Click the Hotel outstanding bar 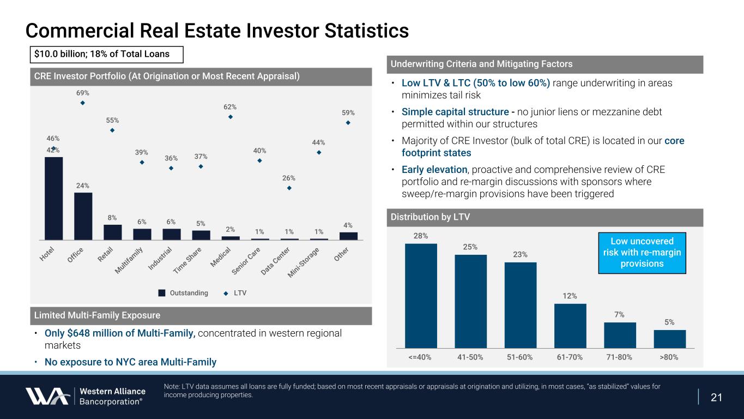pyautogui.click(x=53, y=198)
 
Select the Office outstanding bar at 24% pyautogui.click(x=83, y=216)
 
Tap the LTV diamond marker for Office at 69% pyautogui.click(x=83, y=103)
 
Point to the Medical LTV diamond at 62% pyautogui.click(x=231, y=117)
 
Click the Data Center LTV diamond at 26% pyautogui.click(x=289, y=188)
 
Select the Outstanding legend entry pyautogui.click(x=183, y=293)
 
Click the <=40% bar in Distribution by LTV pyautogui.click(x=421, y=295)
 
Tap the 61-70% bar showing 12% pyautogui.click(x=570, y=325)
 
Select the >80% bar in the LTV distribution pyautogui.click(x=670, y=338)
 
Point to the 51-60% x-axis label pyautogui.click(x=520, y=357)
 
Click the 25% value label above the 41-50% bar pyautogui.click(x=470, y=247)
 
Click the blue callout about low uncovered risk pyautogui.click(x=642, y=253)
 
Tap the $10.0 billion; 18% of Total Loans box pyautogui.click(x=106, y=54)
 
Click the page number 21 pyautogui.click(x=717, y=397)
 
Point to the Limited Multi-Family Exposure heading pyautogui.click(x=98, y=315)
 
